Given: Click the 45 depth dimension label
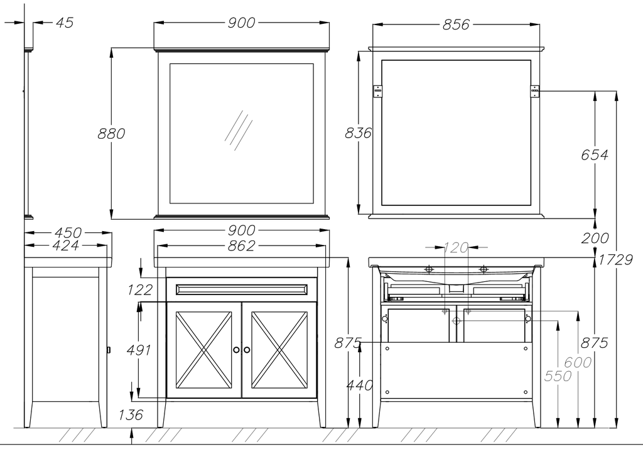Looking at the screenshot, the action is pyautogui.click(x=65, y=23).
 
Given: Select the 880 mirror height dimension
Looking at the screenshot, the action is pyautogui.click(x=111, y=134).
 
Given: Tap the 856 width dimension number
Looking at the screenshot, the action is pyautogui.click(x=456, y=24).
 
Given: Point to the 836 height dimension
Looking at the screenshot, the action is pyautogui.click(x=358, y=133).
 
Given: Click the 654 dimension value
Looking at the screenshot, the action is pyautogui.click(x=595, y=154).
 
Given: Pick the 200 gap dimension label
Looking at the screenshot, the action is pyautogui.click(x=595, y=238).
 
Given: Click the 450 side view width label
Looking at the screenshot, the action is pyautogui.click(x=68, y=232).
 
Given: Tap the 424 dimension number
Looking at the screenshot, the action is pyautogui.click(x=65, y=246).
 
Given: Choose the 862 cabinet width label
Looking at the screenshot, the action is pyautogui.click(x=241, y=246).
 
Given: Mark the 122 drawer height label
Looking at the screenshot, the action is pyautogui.click(x=140, y=290).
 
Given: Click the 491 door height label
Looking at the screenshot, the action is pyautogui.click(x=139, y=350).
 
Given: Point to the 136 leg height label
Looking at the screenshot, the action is pyautogui.click(x=131, y=415).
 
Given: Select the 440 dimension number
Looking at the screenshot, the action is pyautogui.click(x=360, y=385).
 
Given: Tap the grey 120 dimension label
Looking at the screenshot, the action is pyautogui.click(x=456, y=247).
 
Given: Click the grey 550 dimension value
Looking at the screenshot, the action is pyautogui.click(x=558, y=376).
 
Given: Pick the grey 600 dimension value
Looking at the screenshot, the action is pyautogui.click(x=578, y=362).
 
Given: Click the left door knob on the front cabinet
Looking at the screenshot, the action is pyautogui.click(x=236, y=349).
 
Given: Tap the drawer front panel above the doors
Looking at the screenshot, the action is pyautogui.click(x=242, y=289).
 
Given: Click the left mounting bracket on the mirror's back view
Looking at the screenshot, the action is pyautogui.click(x=377, y=91).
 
